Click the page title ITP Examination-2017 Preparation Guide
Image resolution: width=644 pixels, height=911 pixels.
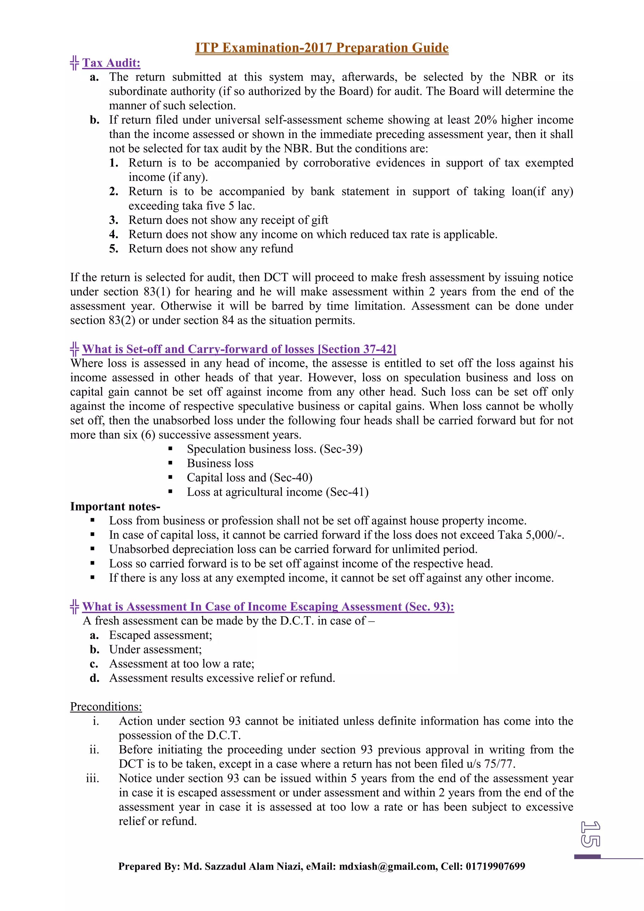coord(322,48)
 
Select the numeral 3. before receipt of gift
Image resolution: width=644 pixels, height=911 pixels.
coord(114,220)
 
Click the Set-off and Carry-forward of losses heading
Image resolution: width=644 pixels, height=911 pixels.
coord(239,349)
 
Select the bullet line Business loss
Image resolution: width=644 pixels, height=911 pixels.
coord(220,463)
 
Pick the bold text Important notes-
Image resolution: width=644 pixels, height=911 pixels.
coord(115,507)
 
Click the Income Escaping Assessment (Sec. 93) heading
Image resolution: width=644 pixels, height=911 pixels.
coord(268,607)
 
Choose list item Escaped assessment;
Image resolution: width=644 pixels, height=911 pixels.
coord(161,635)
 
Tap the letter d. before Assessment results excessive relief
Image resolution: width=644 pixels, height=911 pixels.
coord(94,678)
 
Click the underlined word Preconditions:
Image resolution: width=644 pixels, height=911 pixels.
coord(106,707)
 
